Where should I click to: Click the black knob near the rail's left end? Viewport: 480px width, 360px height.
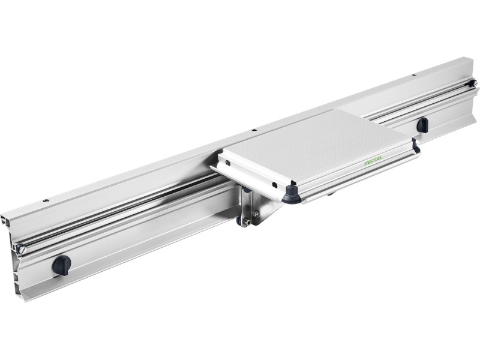[x=61, y=265]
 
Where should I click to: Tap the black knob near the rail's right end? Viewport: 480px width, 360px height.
[x=422, y=125]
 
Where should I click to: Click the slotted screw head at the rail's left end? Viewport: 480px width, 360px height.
[x=22, y=249]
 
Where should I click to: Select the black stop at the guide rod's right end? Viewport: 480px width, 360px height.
[x=472, y=83]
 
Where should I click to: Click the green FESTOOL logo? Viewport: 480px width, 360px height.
[x=373, y=160]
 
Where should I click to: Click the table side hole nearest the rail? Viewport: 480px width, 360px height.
[x=228, y=163]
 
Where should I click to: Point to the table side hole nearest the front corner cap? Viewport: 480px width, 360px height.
[x=274, y=185]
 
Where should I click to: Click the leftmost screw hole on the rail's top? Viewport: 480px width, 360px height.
[x=46, y=200]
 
